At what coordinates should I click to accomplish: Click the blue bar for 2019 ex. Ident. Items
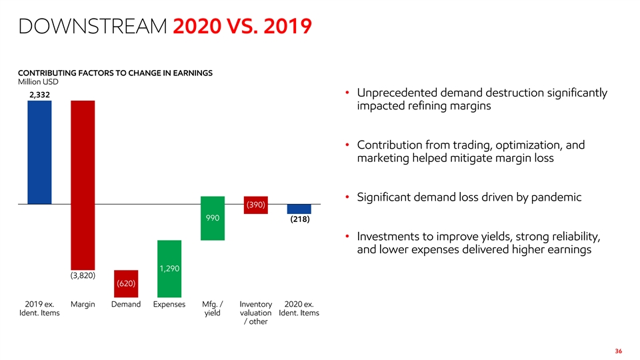tap(39, 152)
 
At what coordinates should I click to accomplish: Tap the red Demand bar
tap(126, 283)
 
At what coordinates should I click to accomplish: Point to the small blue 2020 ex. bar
tap(299, 209)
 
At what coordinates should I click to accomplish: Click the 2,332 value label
tap(39, 95)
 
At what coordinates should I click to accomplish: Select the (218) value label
tap(299, 219)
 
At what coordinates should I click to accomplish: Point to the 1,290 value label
tap(169, 269)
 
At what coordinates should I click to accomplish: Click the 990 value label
tap(213, 218)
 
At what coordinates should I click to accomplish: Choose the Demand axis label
tap(126, 305)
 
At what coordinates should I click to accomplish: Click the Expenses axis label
tap(169, 305)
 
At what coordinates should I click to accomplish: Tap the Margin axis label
tap(83, 305)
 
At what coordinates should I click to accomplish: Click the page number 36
tap(619, 351)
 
